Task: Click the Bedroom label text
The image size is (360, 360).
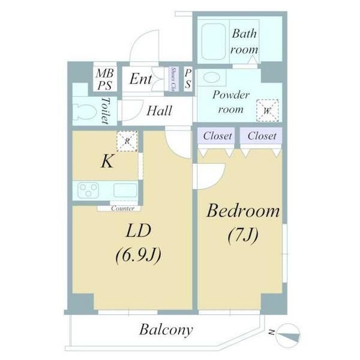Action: point(244,212)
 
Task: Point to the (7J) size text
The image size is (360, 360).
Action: point(243,235)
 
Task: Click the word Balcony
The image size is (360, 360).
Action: point(166,329)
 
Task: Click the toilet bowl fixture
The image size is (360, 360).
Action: point(83,111)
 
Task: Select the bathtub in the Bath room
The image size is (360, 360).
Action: point(212,41)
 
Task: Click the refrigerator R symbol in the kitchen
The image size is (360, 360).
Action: point(127,140)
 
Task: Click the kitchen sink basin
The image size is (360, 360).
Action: point(124,191)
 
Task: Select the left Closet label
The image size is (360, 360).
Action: point(217,136)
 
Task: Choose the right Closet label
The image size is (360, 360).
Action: point(262,136)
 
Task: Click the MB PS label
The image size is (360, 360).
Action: point(105,79)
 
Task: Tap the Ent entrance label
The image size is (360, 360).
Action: point(141,79)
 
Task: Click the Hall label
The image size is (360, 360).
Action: point(159,111)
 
